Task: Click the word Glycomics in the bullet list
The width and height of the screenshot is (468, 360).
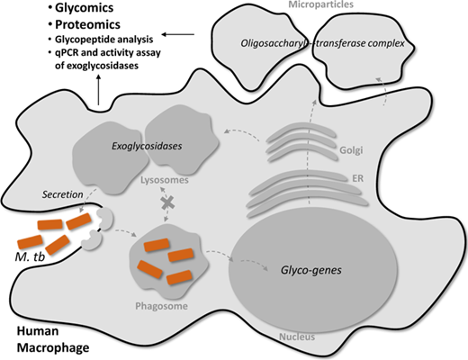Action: (x=84, y=8)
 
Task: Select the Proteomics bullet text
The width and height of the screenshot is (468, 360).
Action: (x=87, y=24)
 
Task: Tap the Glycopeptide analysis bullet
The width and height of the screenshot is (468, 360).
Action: (x=103, y=40)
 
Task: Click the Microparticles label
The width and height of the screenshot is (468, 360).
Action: (x=320, y=4)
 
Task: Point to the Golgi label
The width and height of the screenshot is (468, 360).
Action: (x=351, y=150)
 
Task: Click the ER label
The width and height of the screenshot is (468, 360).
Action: (x=357, y=178)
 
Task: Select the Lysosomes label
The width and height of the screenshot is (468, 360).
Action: (x=165, y=180)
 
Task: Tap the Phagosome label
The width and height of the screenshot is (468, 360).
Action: (x=161, y=306)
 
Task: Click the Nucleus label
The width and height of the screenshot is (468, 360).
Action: (x=297, y=337)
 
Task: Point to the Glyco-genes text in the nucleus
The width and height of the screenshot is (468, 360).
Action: (x=311, y=270)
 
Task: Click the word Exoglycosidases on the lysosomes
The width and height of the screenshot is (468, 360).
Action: (x=147, y=146)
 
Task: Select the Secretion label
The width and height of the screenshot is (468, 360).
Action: (x=62, y=194)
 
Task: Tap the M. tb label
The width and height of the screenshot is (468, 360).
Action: (x=30, y=256)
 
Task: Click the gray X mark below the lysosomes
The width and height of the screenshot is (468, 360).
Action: (x=168, y=203)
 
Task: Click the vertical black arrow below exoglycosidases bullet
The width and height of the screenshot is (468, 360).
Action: (x=99, y=90)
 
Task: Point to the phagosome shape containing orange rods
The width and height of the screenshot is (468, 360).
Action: (x=168, y=261)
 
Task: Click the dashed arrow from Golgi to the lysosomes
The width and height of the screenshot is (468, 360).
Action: (x=242, y=133)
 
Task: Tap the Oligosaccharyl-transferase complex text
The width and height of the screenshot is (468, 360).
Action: (x=322, y=43)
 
